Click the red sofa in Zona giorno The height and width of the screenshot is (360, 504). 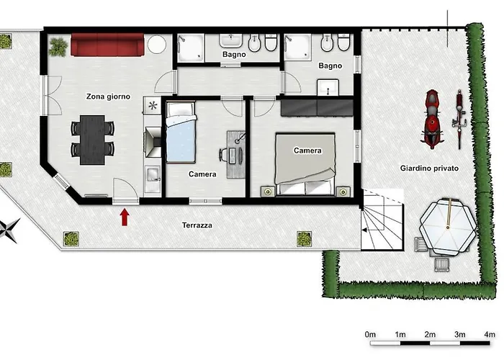click(x=107, y=45)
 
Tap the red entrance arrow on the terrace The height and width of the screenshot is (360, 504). click(x=125, y=217)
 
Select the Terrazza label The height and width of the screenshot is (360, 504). click(x=197, y=225)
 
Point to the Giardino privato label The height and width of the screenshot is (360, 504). click(x=429, y=168)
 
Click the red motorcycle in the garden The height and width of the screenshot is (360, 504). click(x=432, y=119)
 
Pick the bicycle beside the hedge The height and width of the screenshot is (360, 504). click(x=459, y=120)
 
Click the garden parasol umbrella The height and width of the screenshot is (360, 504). click(x=448, y=227)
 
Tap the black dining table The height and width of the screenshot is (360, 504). click(x=92, y=140)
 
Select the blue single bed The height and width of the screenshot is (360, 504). click(x=181, y=132)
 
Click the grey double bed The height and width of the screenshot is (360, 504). click(x=305, y=164)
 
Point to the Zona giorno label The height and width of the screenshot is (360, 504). click(x=108, y=96)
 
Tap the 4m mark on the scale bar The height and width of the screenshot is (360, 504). click(x=490, y=335)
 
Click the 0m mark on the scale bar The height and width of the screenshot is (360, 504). click(x=370, y=335)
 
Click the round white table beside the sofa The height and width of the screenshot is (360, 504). click(x=157, y=45)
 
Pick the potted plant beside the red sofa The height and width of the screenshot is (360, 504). click(x=58, y=48)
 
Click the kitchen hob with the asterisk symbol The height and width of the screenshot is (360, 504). click(x=153, y=105)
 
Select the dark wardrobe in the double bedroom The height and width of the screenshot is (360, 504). click(x=317, y=108)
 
